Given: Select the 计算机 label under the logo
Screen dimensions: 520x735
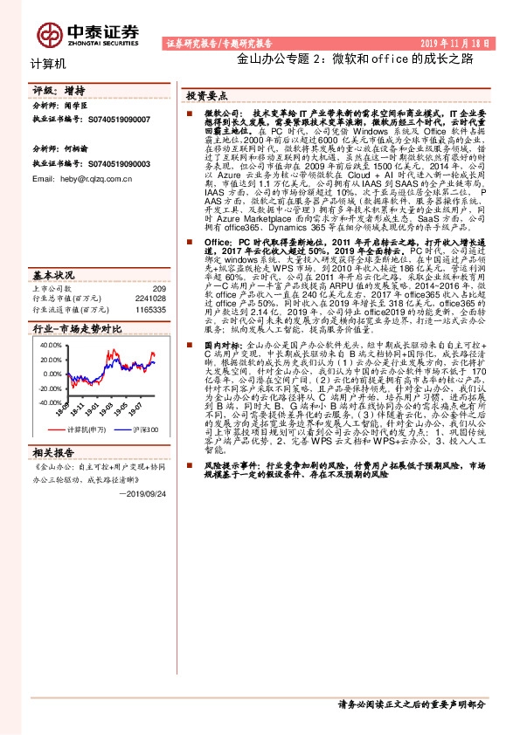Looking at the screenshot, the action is point(48,64).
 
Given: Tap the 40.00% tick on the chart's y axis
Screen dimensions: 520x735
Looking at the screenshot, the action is point(52,345).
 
